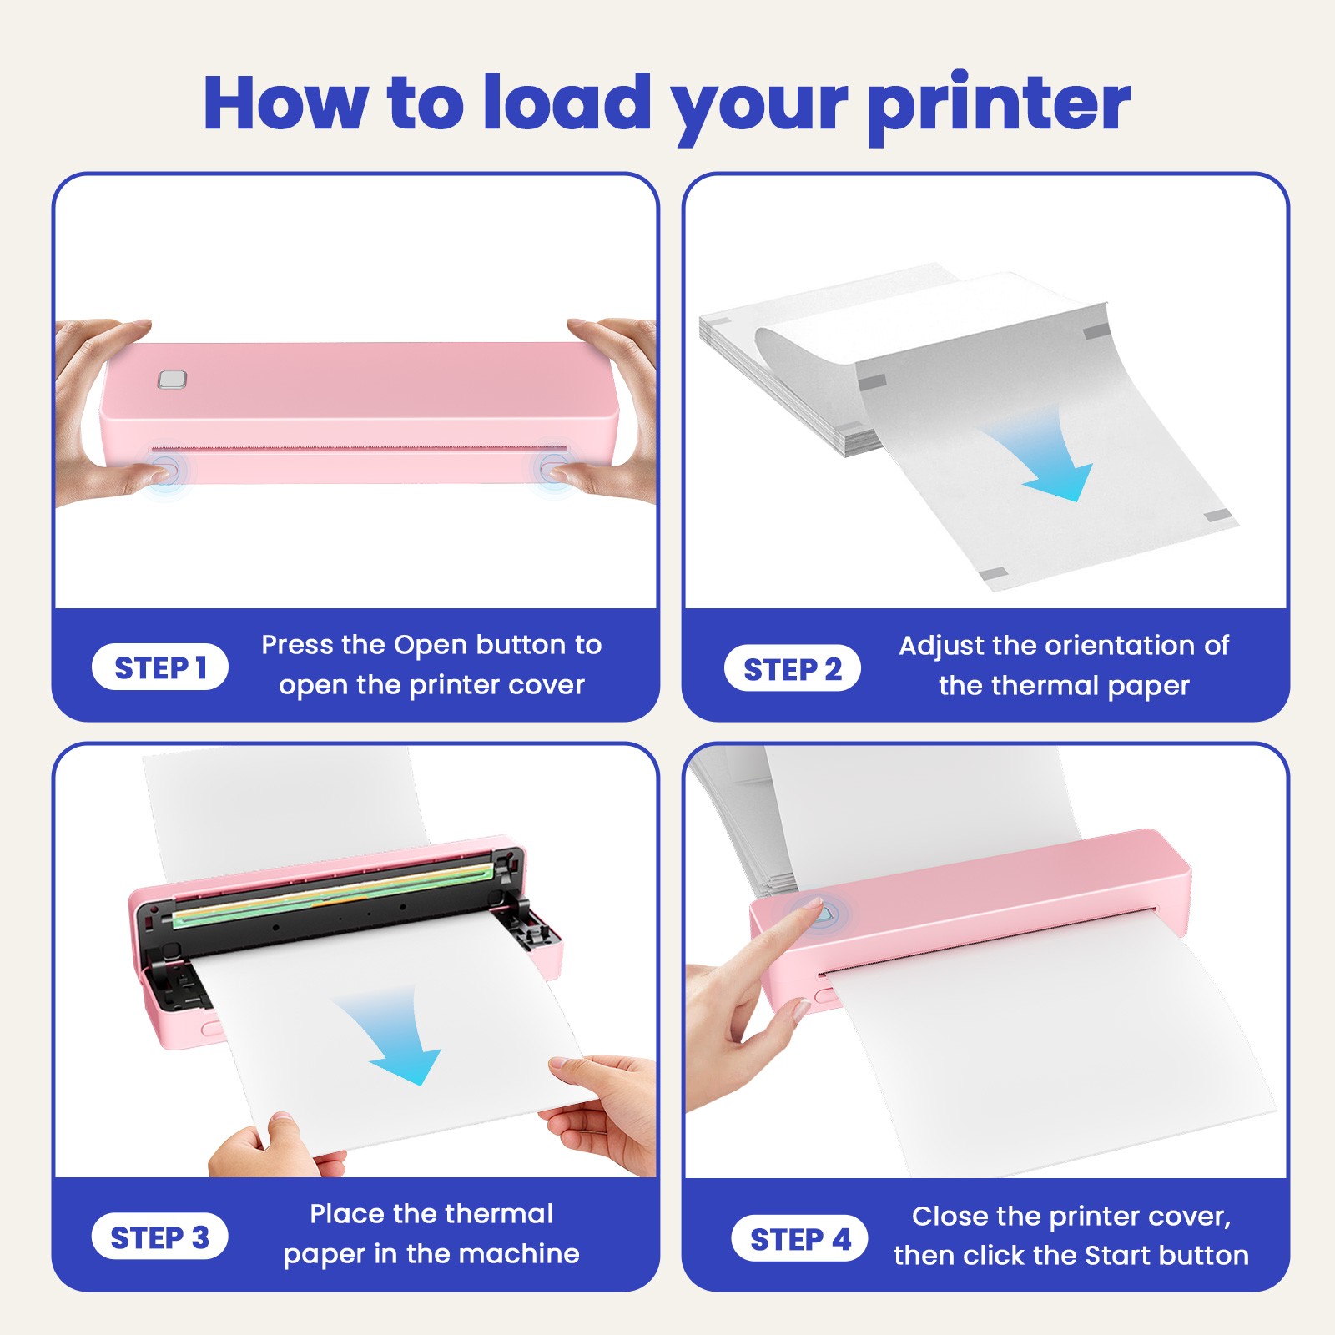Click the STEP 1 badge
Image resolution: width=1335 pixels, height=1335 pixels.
(x=160, y=667)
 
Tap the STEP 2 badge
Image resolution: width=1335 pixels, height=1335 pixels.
(x=792, y=668)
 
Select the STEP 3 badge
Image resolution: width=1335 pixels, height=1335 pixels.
(x=159, y=1237)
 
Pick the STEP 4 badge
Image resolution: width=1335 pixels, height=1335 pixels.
(x=799, y=1238)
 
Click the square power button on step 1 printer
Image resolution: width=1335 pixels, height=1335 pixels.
(x=172, y=380)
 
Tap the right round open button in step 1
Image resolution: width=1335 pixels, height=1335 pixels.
(x=551, y=467)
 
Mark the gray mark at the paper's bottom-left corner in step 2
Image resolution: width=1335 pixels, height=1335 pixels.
(x=992, y=574)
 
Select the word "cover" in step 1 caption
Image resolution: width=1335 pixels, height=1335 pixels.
(x=547, y=686)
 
